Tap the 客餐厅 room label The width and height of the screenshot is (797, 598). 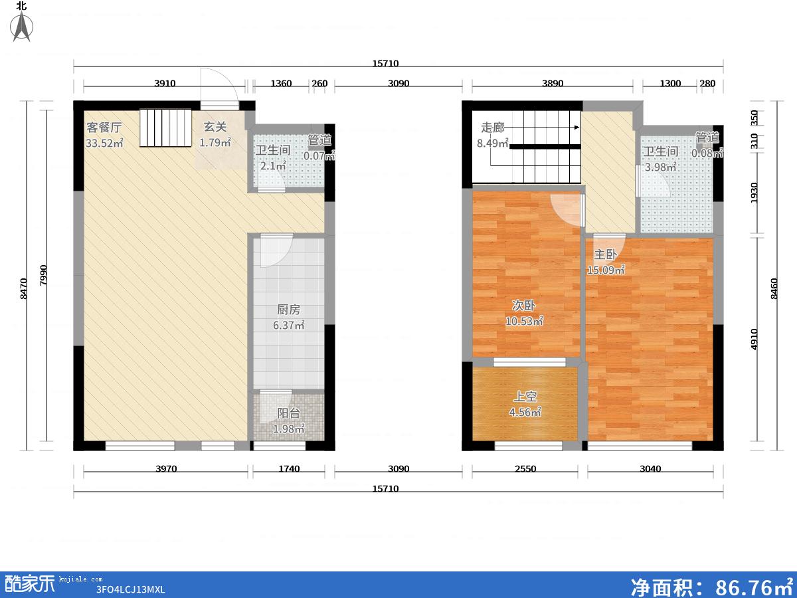click(x=104, y=128)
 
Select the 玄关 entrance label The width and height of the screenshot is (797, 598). click(x=215, y=127)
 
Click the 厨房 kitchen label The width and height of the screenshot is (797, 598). click(x=288, y=310)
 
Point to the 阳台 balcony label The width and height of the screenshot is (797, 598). click(x=288, y=413)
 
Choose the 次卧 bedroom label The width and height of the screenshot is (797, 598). click(x=523, y=306)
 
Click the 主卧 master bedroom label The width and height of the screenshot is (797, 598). click(x=605, y=254)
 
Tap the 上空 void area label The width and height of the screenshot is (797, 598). click(x=525, y=396)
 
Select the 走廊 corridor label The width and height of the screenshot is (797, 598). click(x=492, y=128)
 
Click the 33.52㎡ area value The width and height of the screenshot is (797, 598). click(x=104, y=143)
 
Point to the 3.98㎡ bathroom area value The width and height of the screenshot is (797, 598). click(x=660, y=167)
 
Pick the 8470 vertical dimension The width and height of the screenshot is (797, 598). click(x=23, y=289)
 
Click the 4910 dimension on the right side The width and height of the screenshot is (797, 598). click(x=754, y=340)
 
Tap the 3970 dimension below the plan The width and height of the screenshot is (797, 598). click(x=166, y=468)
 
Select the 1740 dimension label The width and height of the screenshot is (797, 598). click(x=289, y=468)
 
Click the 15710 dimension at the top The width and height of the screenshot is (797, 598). click(x=385, y=64)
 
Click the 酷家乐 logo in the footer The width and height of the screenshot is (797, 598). click(x=30, y=583)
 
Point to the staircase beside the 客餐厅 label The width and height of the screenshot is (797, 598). click(x=165, y=128)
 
